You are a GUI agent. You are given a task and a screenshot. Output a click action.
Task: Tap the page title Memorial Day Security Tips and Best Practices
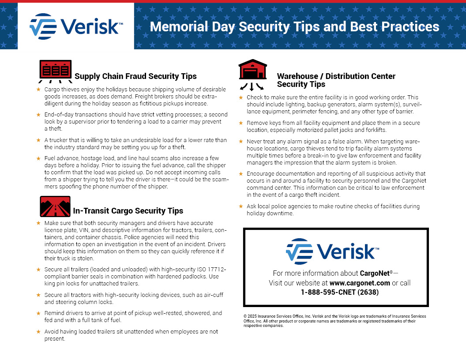294,26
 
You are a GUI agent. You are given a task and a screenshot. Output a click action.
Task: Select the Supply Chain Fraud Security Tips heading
135,76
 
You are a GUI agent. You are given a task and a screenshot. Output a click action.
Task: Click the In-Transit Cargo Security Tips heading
128,211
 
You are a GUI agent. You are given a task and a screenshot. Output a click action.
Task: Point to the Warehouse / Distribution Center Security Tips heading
336,80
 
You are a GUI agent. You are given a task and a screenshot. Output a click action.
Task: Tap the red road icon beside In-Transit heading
55,206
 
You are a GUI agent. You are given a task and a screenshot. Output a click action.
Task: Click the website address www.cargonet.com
359,283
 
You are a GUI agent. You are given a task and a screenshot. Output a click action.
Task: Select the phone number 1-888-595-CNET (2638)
340,292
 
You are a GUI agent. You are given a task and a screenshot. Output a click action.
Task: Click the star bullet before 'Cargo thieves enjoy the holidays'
38,90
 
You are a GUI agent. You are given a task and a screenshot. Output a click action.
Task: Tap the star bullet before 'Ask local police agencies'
241,206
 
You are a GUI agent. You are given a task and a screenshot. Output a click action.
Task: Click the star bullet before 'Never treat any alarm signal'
241,142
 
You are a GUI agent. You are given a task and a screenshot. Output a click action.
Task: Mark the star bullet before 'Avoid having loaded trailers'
38,331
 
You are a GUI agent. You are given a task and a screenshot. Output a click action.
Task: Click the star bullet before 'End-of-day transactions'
38,115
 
